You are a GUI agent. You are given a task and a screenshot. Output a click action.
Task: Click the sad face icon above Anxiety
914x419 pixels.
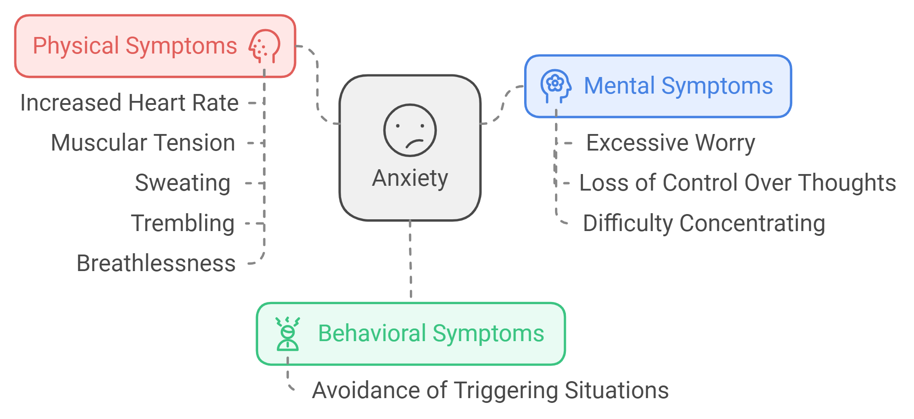tap(410, 130)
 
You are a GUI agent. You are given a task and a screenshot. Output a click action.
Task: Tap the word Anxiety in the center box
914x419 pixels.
tap(410, 178)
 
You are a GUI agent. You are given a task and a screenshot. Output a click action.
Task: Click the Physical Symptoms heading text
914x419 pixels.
tap(135, 46)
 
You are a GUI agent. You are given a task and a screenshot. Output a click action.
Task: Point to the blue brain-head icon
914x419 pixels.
tap(555, 85)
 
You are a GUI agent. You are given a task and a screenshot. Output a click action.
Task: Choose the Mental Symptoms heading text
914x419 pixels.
tap(678, 86)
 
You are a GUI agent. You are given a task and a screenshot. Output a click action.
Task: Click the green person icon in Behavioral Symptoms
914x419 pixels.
tap(287, 334)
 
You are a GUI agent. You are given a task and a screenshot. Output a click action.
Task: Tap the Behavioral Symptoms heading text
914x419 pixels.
tap(431, 334)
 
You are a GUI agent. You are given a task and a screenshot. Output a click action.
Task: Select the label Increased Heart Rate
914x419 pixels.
tap(130, 103)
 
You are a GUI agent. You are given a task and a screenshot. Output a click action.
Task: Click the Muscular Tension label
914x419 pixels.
tap(143, 143)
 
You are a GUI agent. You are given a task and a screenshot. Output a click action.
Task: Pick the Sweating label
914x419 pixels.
tap(183, 183)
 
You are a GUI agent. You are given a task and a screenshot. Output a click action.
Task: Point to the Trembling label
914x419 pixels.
tap(183, 223)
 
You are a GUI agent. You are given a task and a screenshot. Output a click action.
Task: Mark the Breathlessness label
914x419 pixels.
tap(156, 263)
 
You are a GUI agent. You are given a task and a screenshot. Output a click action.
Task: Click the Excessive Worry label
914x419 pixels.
tap(671, 143)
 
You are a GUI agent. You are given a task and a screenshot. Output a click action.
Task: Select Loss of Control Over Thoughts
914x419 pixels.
tap(738, 183)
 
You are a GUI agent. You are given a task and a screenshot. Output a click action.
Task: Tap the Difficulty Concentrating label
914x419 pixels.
tap(704, 223)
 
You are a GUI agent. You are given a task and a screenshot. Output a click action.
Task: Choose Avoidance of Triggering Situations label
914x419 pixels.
tap(490, 390)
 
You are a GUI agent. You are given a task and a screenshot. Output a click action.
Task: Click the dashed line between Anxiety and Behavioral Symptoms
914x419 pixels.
tap(411, 261)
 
